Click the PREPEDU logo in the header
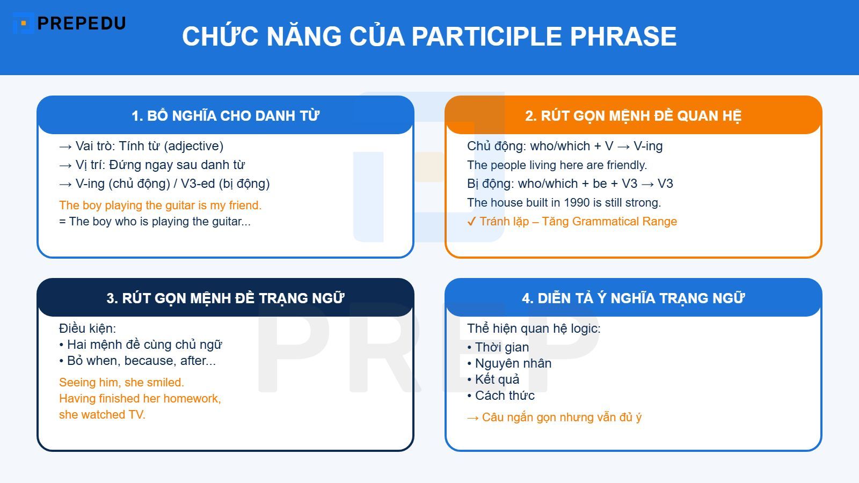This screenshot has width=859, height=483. point(70,23)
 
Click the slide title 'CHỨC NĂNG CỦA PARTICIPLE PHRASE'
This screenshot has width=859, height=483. point(429,36)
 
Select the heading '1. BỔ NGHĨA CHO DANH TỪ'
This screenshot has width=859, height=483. point(225,116)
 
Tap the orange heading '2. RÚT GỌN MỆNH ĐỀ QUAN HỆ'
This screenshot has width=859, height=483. point(633,116)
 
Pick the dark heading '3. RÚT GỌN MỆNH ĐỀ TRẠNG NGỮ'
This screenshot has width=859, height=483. point(225,298)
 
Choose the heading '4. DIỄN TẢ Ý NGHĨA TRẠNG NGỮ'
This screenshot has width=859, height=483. point(633,298)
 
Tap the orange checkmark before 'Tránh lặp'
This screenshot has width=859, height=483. point(471,222)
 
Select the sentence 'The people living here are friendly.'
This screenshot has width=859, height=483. point(557,165)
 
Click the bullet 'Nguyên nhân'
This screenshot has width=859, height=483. point(513,363)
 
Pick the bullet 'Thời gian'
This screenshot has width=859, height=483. point(501,347)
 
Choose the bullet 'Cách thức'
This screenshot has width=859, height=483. point(504,396)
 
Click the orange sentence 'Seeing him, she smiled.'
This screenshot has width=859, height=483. point(121,382)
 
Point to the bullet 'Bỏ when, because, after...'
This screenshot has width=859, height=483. point(141,361)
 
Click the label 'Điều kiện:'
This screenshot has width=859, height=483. point(88,328)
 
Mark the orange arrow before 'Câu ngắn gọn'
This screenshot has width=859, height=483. point(472,418)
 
